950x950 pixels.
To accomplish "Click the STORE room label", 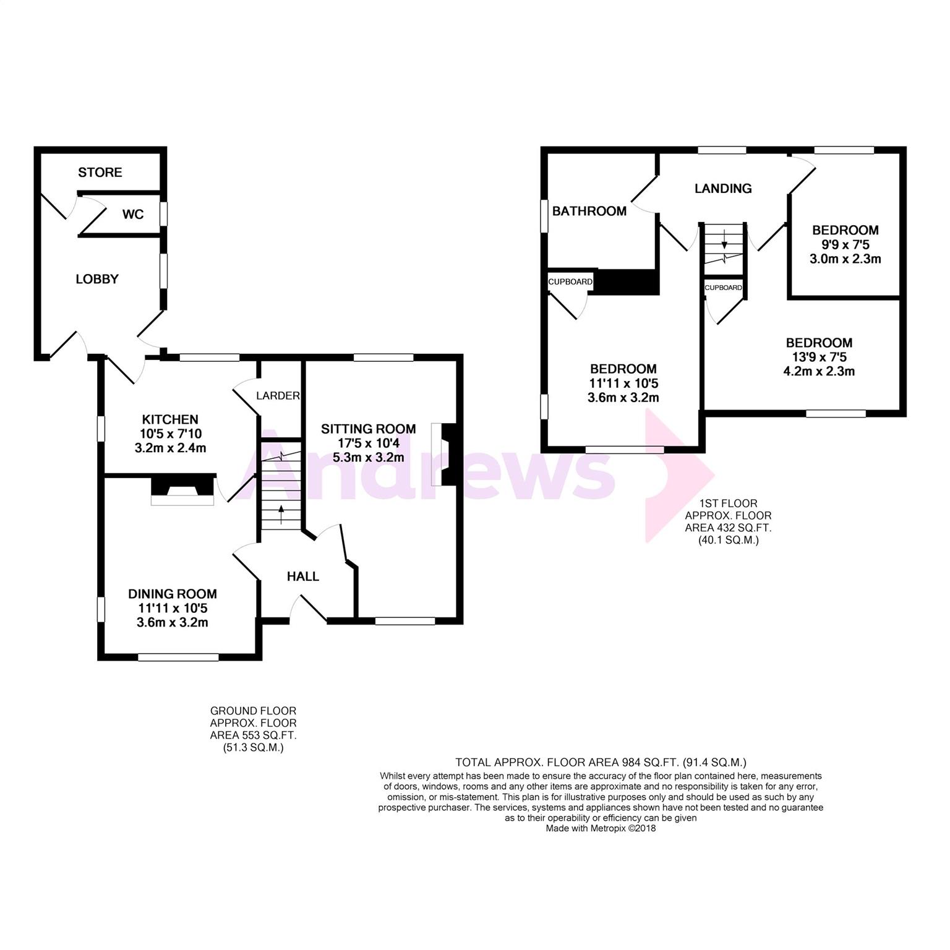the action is pos(100,172).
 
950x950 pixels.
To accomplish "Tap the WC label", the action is pos(133,214).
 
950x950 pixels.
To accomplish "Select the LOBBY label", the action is pos(97,279).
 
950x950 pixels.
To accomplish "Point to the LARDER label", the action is pos(278,396).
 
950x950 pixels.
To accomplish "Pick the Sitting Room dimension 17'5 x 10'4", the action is pos(369,443).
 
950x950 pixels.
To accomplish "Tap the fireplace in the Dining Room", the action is pos(182,489).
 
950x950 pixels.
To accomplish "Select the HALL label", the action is pos(303,576).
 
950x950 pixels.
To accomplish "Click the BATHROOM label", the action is pos(589,211).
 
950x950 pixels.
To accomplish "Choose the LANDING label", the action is pos(723,189).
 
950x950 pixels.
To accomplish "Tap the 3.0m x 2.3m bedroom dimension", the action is pos(845,259).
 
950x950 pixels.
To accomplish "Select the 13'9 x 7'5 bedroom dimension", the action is pos(819,357).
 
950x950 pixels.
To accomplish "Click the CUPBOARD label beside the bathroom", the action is pos(570,282).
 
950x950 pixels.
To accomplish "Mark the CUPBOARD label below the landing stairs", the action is pos(724,288).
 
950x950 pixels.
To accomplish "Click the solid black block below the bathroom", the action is pos(627,281).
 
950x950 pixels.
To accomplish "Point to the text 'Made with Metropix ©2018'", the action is pos(601,828).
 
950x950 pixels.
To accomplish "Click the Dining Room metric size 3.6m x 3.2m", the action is pos(173,622).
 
